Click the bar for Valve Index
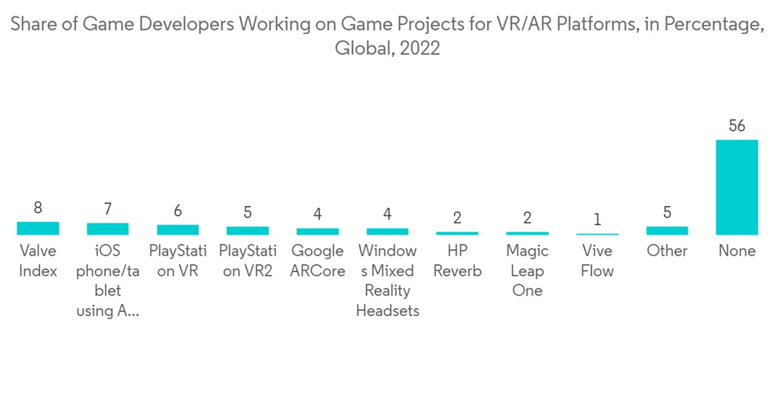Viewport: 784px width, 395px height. pyautogui.click(x=38, y=228)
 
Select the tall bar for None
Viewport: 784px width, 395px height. pyautogui.click(x=736, y=187)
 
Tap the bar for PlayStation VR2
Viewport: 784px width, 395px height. pyautogui.click(x=247, y=231)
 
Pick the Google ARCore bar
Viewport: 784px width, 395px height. pyautogui.click(x=318, y=232)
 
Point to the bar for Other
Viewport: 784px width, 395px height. pyautogui.click(x=666, y=231)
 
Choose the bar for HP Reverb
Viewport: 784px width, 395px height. pyautogui.click(x=457, y=234)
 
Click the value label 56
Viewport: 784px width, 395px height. pyautogui.click(x=736, y=126)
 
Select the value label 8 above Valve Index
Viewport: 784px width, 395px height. pyautogui.click(x=38, y=208)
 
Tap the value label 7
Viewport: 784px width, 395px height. pyautogui.click(x=107, y=209)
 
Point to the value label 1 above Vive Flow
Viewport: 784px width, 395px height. pyautogui.click(x=597, y=219)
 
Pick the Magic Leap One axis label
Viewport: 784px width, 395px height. pyautogui.click(x=527, y=270)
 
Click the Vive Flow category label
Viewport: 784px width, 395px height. pyautogui.click(x=597, y=261)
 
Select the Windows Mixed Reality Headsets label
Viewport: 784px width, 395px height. pyautogui.click(x=387, y=281)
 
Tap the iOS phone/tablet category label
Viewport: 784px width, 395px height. pyautogui.click(x=107, y=281)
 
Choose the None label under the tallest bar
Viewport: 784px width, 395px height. pyautogui.click(x=736, y=251)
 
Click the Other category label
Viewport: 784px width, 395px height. pyautogui.click(x=666, y=251)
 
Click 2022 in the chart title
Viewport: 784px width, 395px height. pyautogui.click(x=419, y=49)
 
